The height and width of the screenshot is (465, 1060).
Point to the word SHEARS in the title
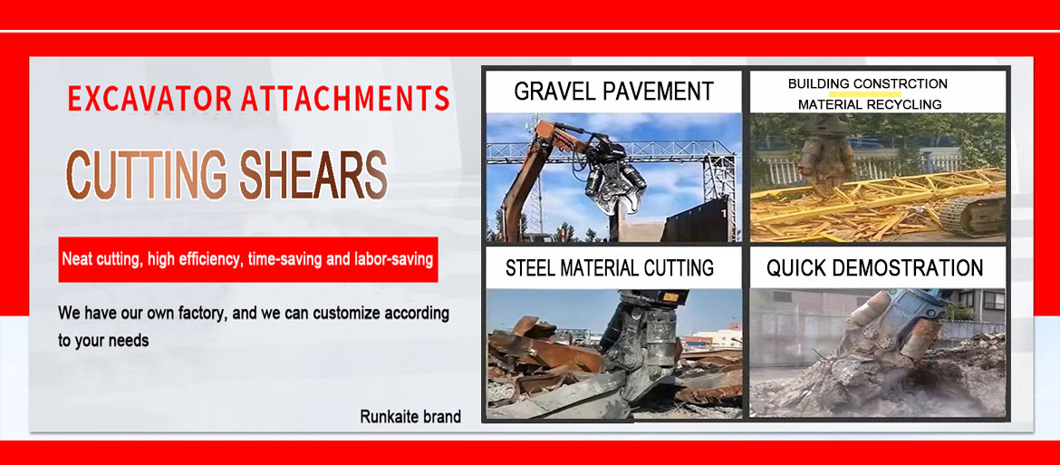(x=313, y=175)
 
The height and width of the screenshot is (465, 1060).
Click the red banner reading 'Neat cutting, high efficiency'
(x=248, y=259)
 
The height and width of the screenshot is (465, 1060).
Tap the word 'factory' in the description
(x=197, y=314)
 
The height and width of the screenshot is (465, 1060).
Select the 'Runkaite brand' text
(x=410, y=417)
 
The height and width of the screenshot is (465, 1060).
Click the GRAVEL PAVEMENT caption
(x=613, y=92)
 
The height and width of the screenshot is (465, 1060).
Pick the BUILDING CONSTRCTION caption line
(x=867, y=83)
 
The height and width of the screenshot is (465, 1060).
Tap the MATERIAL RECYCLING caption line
(x=869, y=104)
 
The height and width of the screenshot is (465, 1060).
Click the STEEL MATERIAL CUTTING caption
(x=610, y=267)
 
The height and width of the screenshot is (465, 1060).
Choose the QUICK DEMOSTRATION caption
(x=874, y=267)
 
